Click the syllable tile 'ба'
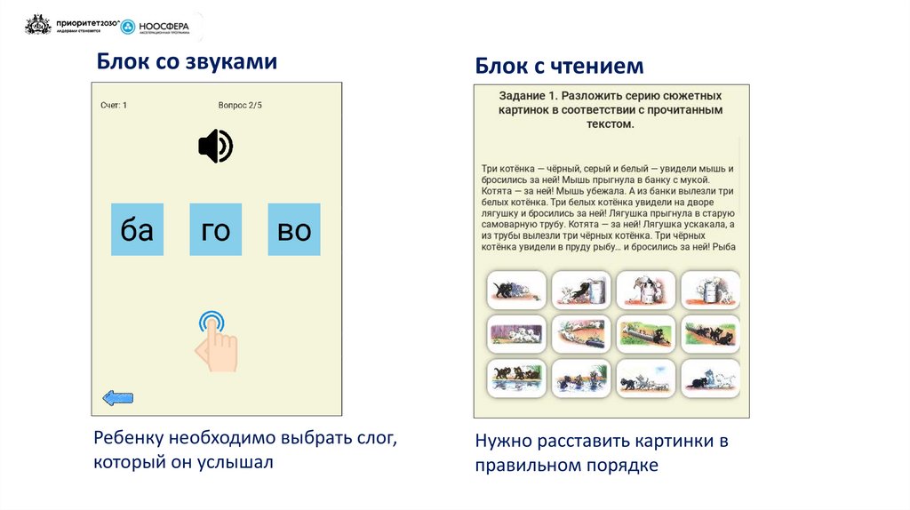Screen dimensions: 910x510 tap(137, 230)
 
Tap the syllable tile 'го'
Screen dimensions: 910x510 tap(216, 230)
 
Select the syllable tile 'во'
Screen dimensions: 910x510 tap(294, 230)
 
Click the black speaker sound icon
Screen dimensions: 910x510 tap(215, 147)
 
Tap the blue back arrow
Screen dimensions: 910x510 tap(118, 398)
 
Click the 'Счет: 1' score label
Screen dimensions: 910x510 tap(114, 105)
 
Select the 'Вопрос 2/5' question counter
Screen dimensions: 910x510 tap(240, 105)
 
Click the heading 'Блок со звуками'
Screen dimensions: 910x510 tap(187, 61)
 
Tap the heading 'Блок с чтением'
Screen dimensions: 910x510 tap(559, 66)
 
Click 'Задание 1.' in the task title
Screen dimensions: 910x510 tap(528, 95)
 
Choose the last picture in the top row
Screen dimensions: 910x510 tap(710, 290)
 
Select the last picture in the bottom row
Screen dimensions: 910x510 tap(710, 379)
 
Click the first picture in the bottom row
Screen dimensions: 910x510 tap(515, 379)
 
